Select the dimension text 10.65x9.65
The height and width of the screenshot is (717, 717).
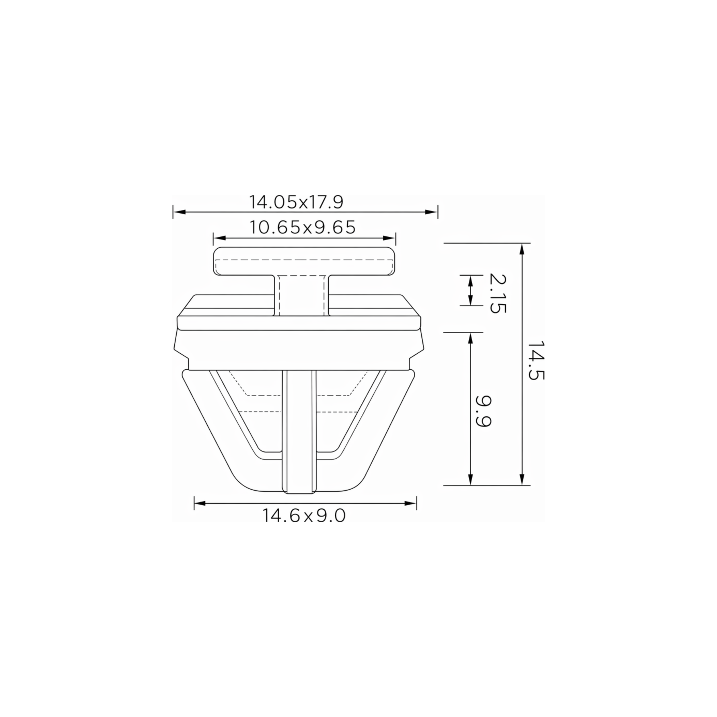click(x=303, y=227)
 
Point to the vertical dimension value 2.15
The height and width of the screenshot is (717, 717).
click(x=497, y=293)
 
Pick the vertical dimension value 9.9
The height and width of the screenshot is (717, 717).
click(x=483, y=412)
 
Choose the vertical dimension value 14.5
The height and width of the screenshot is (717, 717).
click(x=536, y=360)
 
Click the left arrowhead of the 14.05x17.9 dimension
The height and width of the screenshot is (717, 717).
click(x=179, y=212)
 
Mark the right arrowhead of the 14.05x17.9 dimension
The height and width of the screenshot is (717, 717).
click(x=432, y=212)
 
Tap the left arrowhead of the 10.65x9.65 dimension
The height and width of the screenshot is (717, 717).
click(x=220, y=238)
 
